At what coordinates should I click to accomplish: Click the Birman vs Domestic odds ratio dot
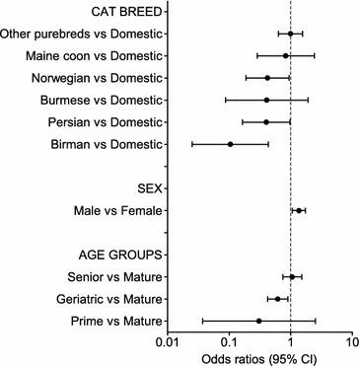coord(231,144)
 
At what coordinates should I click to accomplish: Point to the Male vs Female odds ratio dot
coord(299,210)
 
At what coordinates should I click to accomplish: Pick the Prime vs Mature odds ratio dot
coord(258,321)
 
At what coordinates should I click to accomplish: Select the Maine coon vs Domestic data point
coord(286,56)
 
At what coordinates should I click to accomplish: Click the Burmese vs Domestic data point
coord(266,100)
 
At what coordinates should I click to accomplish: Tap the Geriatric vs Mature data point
coord(277,298)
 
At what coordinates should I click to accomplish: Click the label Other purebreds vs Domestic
coord(82,34)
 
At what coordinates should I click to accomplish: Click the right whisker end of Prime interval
coord(316,321)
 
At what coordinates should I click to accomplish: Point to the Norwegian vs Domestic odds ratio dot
coord(266,78)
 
